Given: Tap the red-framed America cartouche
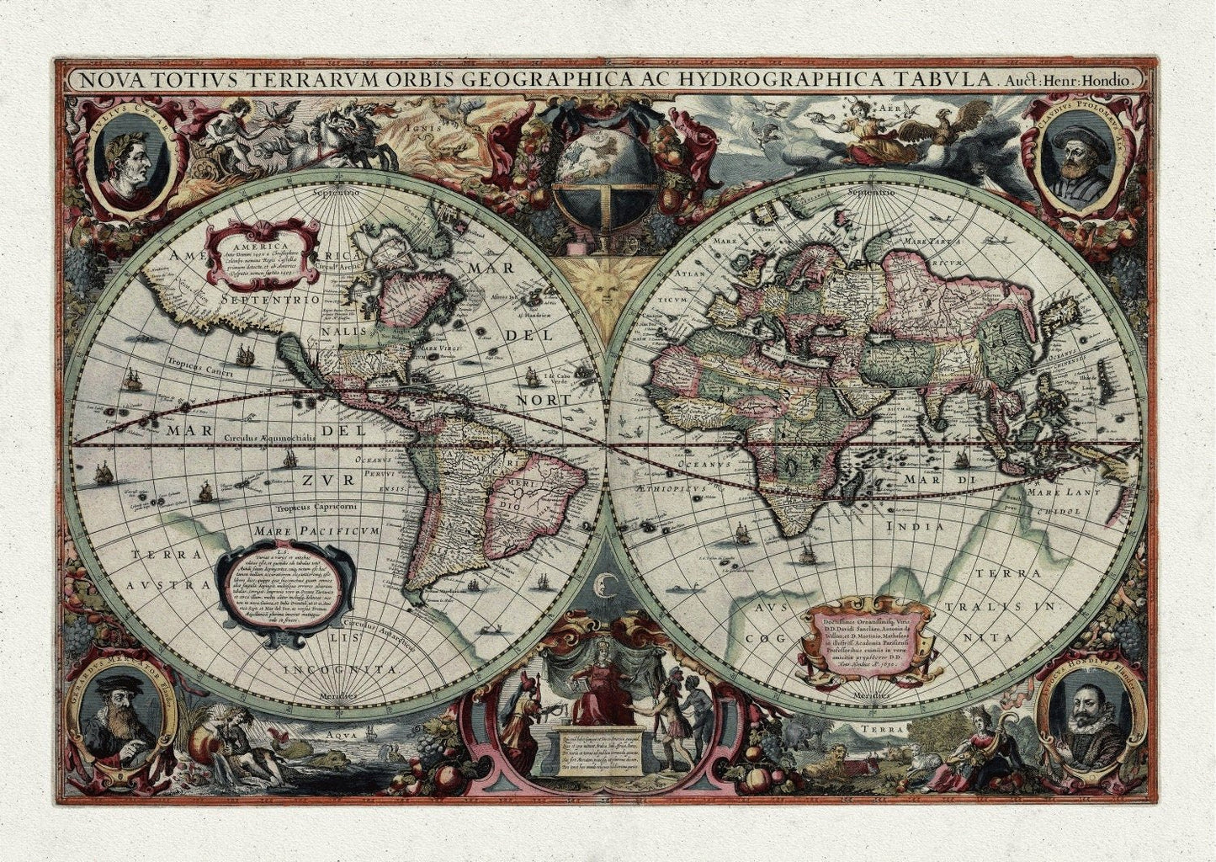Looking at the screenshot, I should coord(265,250).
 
